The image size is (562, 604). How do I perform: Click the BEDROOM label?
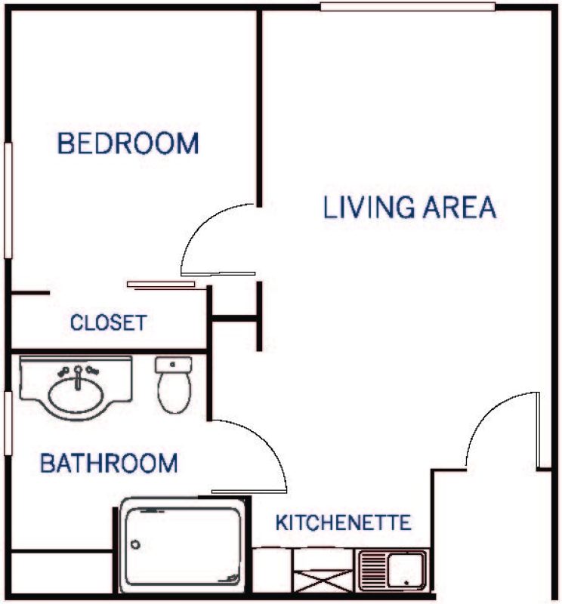click(128, 143)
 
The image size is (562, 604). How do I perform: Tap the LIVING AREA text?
click(409, 207)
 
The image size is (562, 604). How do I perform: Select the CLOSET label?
click(108, 322)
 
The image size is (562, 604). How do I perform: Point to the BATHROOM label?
click(109, 463)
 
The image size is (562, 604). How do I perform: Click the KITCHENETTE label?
click(344, 522)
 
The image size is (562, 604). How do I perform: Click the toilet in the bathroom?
click(174, 385)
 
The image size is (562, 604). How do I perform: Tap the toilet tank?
click(174, 365)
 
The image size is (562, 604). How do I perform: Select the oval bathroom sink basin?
click(76, 394)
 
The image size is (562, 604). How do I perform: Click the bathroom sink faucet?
click(79, 377)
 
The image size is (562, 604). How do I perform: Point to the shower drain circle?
click(135, 544)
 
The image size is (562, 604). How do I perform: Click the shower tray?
click(182, 546)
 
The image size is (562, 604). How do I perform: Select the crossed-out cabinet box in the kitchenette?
click(323, 581)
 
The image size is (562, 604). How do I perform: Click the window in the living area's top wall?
click(408, 7)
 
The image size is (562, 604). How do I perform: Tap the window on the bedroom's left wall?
click(8, 200)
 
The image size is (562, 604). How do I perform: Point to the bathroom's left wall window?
click(8, 424)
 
